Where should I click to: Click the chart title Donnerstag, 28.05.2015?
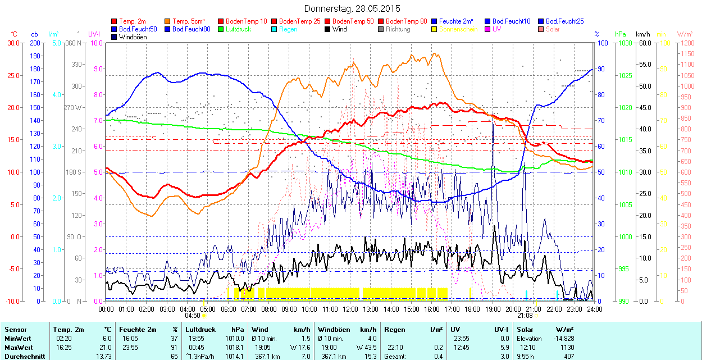[352, 8]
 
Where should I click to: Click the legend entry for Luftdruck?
[238, 29]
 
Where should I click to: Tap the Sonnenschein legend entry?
[458, 29]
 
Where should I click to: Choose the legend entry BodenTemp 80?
[406, 21]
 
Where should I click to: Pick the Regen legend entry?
[288, 29]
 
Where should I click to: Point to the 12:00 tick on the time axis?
[350, 309]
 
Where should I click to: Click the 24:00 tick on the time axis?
[595, 309]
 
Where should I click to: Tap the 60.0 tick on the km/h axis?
[644, 43]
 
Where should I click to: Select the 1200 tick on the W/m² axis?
[687, 43]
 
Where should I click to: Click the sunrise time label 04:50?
[192, 316]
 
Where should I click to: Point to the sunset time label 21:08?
[525, 316]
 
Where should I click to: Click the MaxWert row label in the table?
[18, 347]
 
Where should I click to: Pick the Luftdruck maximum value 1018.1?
[235, 347]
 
